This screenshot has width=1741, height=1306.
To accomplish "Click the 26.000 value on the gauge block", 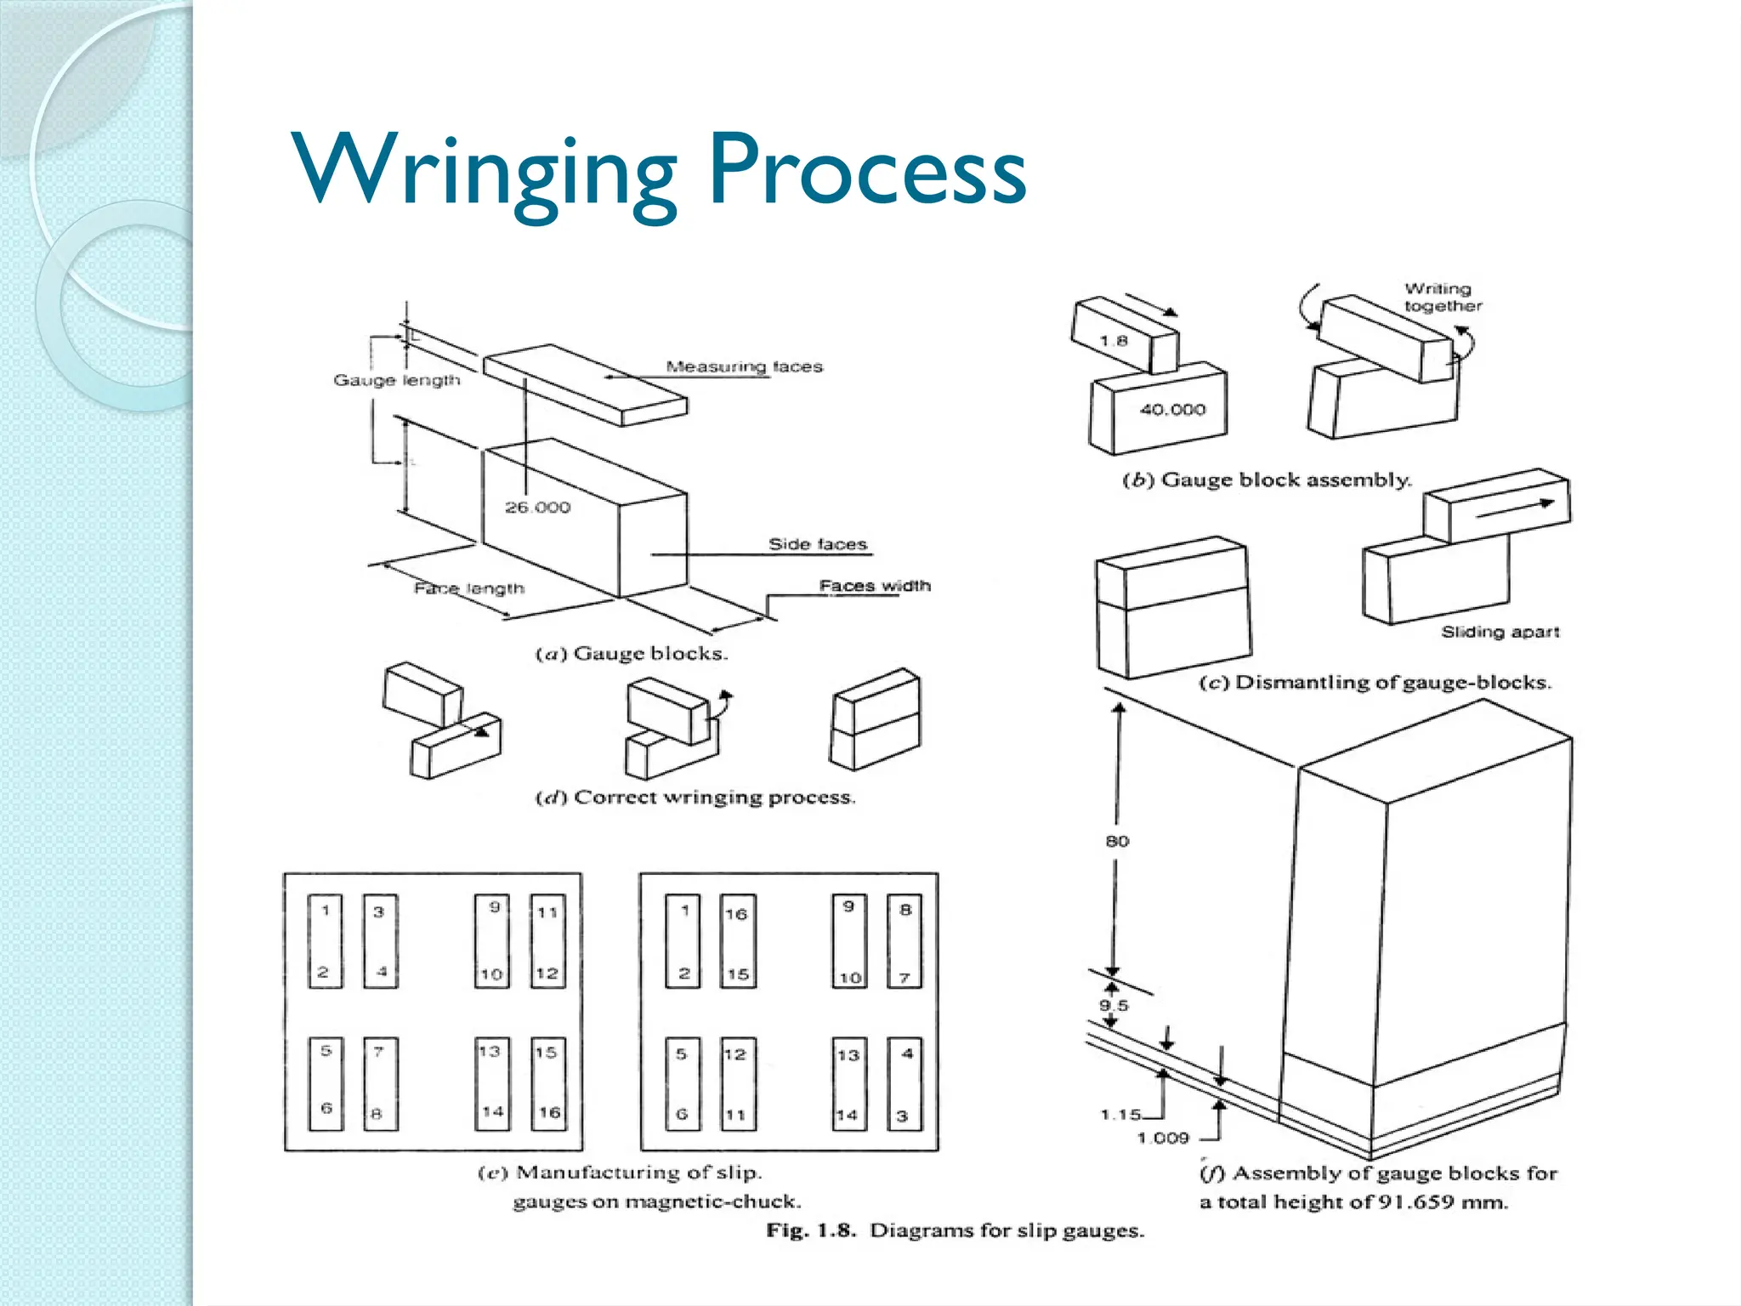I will click(537, 508).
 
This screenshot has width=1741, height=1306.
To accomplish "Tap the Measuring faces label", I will click(744, 366).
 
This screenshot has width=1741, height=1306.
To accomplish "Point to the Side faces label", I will click(818, 544).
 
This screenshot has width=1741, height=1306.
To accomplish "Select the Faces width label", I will click(875, 586).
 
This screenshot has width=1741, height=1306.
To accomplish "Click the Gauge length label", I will click(396, 380).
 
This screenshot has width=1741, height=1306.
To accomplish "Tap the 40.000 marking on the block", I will click(1172, 410).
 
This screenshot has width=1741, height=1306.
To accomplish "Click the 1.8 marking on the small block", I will click(1113, 341).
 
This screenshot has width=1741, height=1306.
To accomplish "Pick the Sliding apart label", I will click(1500, 632).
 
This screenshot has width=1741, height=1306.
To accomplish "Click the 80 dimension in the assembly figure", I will click(1117, 841).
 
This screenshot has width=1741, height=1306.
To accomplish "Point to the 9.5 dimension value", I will click(1113, 1006).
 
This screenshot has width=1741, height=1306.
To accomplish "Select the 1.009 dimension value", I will click(1163, 1138).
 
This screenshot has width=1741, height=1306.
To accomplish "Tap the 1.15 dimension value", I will click(1120, 1114).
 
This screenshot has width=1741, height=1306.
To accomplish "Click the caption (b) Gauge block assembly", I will click(1267, 480).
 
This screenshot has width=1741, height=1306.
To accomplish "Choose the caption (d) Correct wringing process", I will click(695, 798).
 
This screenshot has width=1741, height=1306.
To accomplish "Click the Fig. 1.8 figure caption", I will click(955, 1230).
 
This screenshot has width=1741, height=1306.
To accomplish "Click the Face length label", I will click(468, 588).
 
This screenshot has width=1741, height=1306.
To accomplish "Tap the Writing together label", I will click(1443, 298).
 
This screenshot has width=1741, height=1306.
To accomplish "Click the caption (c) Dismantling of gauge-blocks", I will click(1375, 683).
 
